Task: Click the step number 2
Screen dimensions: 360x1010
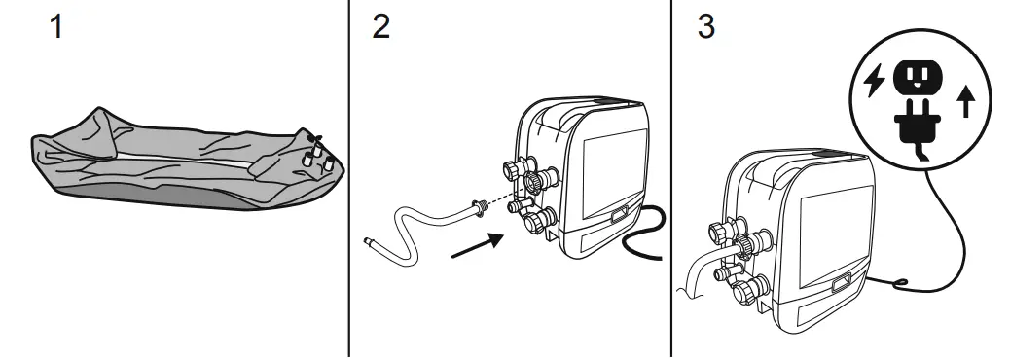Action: (380, 26)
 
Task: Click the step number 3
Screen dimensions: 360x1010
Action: (705, 26)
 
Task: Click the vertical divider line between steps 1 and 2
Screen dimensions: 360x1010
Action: (349, 175)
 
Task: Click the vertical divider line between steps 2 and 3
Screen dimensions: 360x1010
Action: (670, 175)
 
